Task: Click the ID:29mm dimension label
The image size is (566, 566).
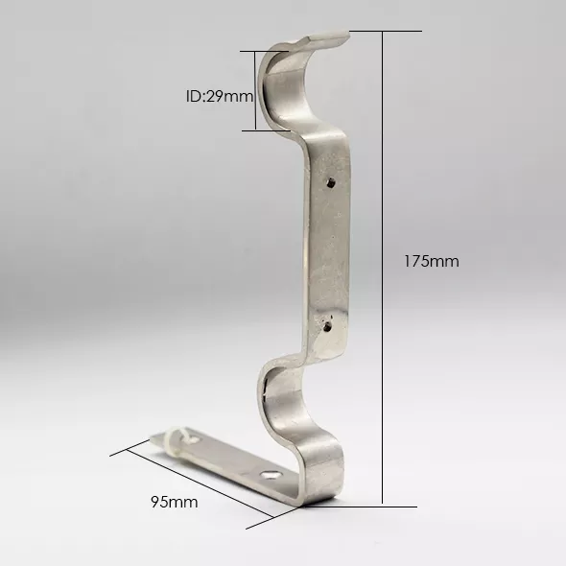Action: pyautogui.click(x=220, y=96)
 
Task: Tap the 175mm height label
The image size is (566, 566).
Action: pyautogui.click(x=432, y=261)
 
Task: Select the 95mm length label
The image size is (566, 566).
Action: pyautogui.click(x=175, y=502)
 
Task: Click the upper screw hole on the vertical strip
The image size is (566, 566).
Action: pyautogui.click(x=331, y=182)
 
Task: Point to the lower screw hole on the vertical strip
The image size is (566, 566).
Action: pyautogui.click(x=327, y=326)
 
